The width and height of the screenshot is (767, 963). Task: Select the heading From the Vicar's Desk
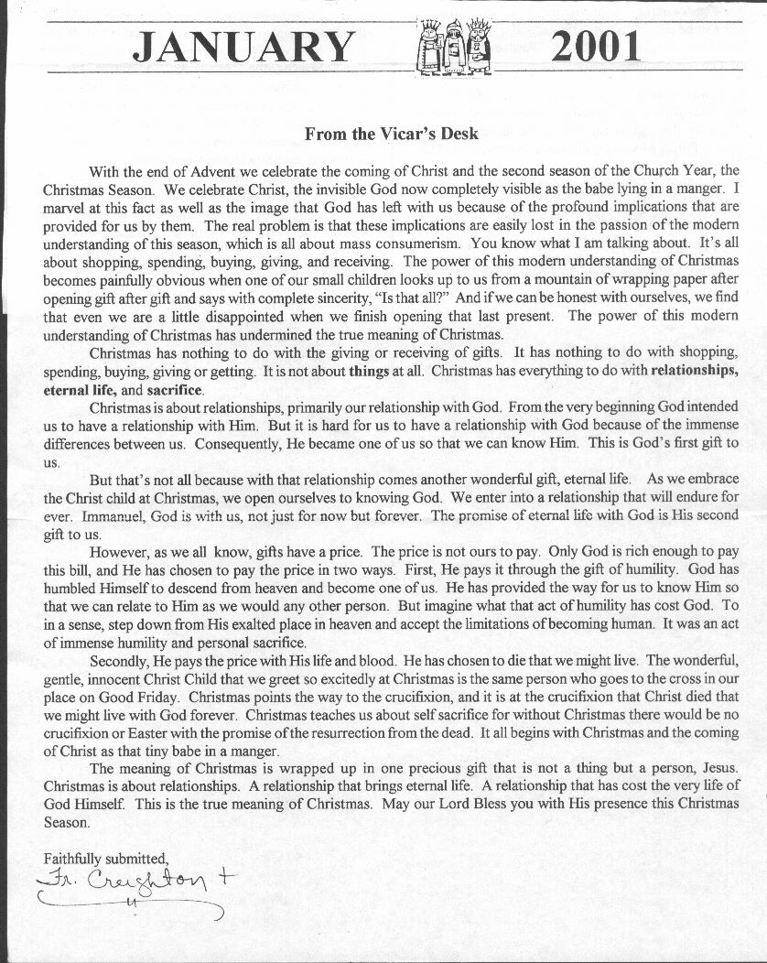[x=391, y=134]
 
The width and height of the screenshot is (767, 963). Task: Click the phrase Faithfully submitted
[x=106, y=858]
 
